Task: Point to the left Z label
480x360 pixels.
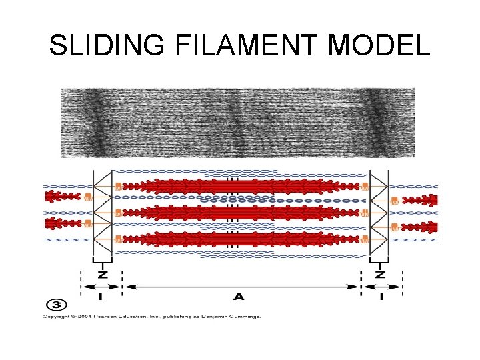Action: pos(101,275)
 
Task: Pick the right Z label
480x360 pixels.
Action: pos(380,275)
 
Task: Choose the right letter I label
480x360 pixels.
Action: pos(381,297)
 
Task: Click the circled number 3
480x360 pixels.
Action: pos(57,305)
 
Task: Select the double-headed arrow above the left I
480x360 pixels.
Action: pos(101,287)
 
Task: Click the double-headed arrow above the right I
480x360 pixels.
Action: pos(381,287)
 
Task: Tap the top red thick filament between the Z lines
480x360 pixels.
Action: pos(240,186)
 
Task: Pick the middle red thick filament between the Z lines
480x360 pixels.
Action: pos(240,213)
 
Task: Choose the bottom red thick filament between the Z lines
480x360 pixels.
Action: pos(240,239)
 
